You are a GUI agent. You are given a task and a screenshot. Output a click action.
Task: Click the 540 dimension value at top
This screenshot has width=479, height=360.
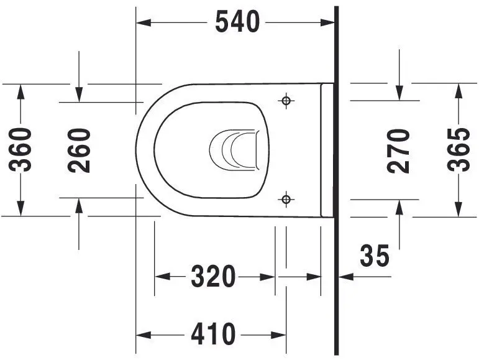click(x=237, y=22)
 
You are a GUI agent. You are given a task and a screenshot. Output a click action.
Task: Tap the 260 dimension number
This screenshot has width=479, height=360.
click(x=80, y=150)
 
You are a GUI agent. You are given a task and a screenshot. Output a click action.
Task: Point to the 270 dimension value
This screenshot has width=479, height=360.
click(x=399, y=150)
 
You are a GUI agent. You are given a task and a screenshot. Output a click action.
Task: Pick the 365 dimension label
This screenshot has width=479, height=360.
click(x=459, y=150)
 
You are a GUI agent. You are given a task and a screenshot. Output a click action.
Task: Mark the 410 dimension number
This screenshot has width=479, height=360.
click(x=213, y=335)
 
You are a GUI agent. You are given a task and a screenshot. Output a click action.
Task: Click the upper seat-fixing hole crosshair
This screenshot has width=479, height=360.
click(x=286, y=101)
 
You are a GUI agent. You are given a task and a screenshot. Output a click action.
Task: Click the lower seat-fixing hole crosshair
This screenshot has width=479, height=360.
click(x=286, y=199)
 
